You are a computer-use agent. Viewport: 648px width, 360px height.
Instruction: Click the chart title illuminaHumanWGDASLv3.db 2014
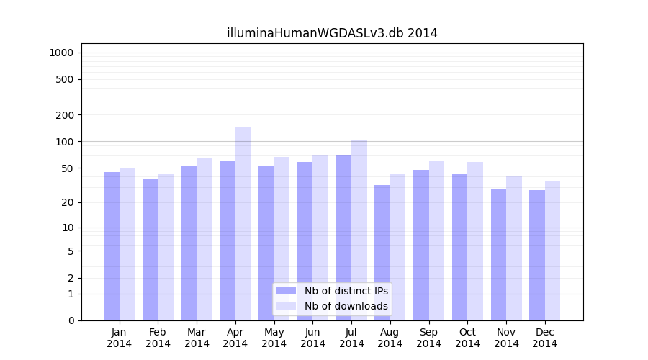tap(332, 33)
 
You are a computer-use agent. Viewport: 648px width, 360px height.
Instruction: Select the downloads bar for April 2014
tap(243, 223)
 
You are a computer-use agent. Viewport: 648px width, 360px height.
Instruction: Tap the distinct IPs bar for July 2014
tap(343, 238)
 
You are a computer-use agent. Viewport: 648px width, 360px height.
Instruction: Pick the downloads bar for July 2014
tap(359, 230)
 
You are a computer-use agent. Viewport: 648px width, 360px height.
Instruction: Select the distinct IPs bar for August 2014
tap(382, 253)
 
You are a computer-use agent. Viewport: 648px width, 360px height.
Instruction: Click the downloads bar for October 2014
tap(475, 241)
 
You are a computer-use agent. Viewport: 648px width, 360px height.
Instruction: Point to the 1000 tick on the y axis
tap(60, 53)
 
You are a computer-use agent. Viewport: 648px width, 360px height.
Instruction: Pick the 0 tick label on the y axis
tap(71, 320)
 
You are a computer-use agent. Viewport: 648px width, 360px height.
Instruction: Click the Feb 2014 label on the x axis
tap(158, 338)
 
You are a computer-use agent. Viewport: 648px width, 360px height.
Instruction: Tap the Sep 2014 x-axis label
tap(428, 338)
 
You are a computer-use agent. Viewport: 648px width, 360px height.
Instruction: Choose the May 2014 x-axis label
tap(274, 338)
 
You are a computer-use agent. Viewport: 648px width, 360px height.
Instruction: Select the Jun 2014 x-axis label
tap(312, 338)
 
